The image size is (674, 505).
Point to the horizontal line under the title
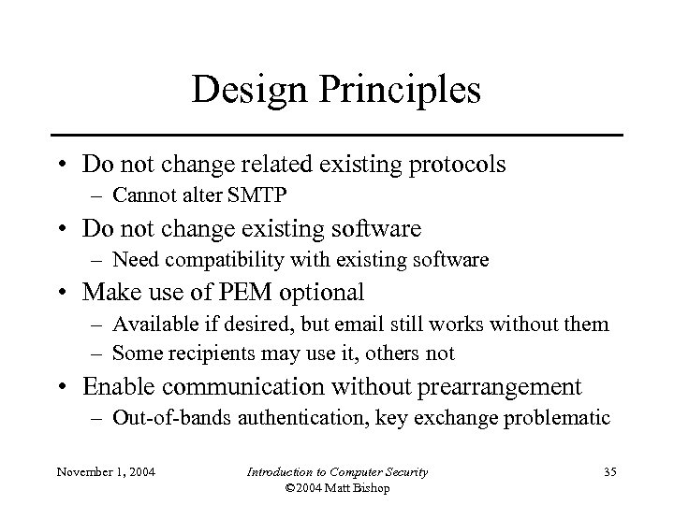point(337,137)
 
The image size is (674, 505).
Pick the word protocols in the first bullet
point(447,166)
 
